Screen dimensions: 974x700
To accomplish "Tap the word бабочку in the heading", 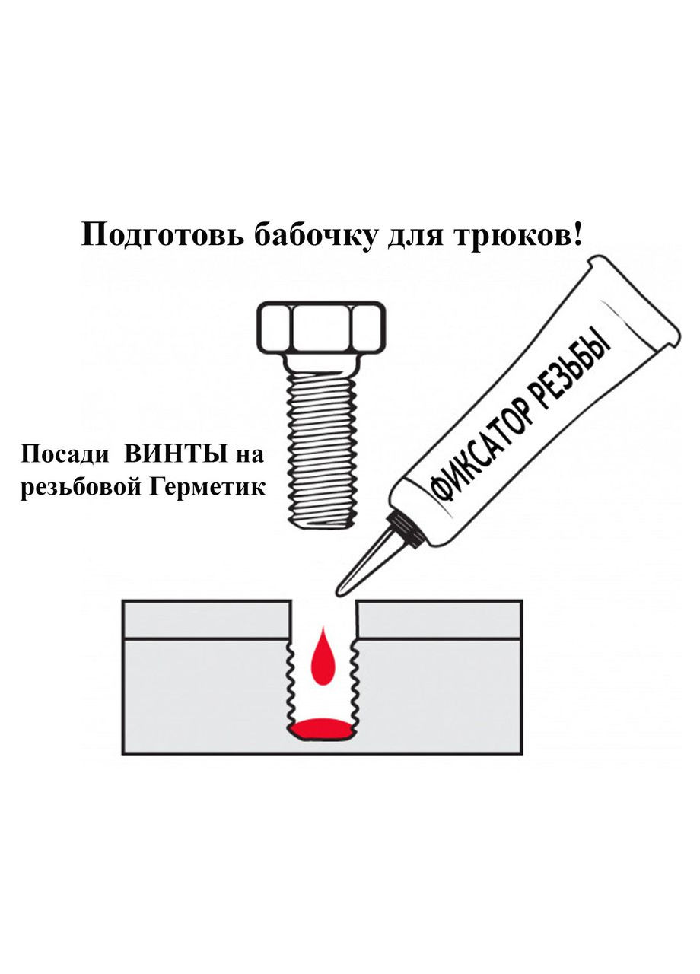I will pos(313,234).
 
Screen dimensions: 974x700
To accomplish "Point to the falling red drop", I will pos(323,657).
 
